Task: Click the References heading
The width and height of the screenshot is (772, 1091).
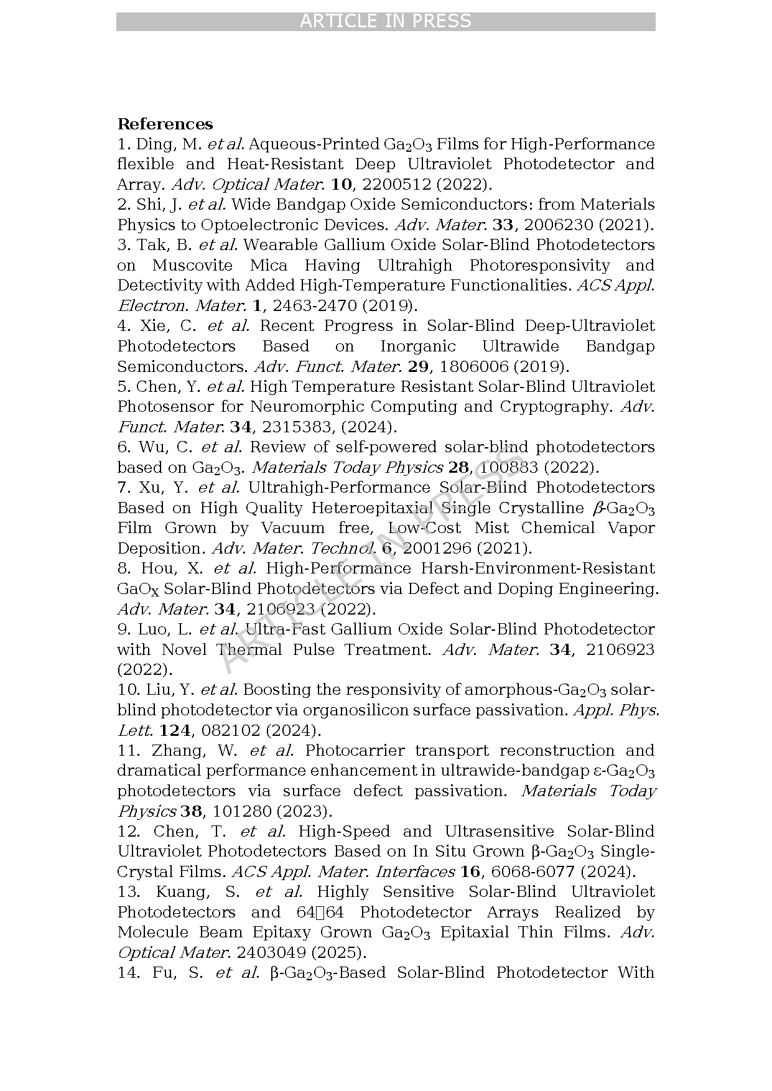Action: tap(165, 124)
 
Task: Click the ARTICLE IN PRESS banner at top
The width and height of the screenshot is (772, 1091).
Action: tap(386, 21)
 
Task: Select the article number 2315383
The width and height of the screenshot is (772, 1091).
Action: tap(286, 427)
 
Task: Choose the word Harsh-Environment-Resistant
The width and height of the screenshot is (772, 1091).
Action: tap(537, 569)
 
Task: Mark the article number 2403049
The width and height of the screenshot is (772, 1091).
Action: tap(271, 953)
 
